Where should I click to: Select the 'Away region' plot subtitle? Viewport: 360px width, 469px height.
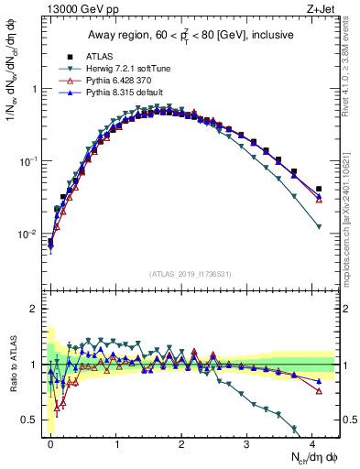pyautogui.click(x=193, y=35)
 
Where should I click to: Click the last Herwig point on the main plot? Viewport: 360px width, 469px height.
pyautogui.click(x=319, y=226)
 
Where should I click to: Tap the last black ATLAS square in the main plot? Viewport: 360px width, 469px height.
pyautogui.click(x=319, y=189)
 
